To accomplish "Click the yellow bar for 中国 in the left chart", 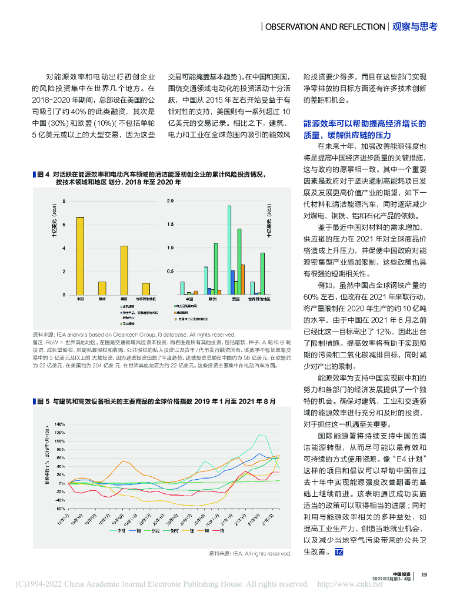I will click(80, 256).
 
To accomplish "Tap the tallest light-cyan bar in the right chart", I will click(229, 250).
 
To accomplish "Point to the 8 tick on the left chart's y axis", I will click(64, 201).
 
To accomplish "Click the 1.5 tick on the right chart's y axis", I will click(170, 225).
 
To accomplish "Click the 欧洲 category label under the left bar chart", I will click(102, 299).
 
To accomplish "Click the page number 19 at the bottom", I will click(424, 575).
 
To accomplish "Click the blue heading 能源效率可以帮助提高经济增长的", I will click(364, 123).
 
